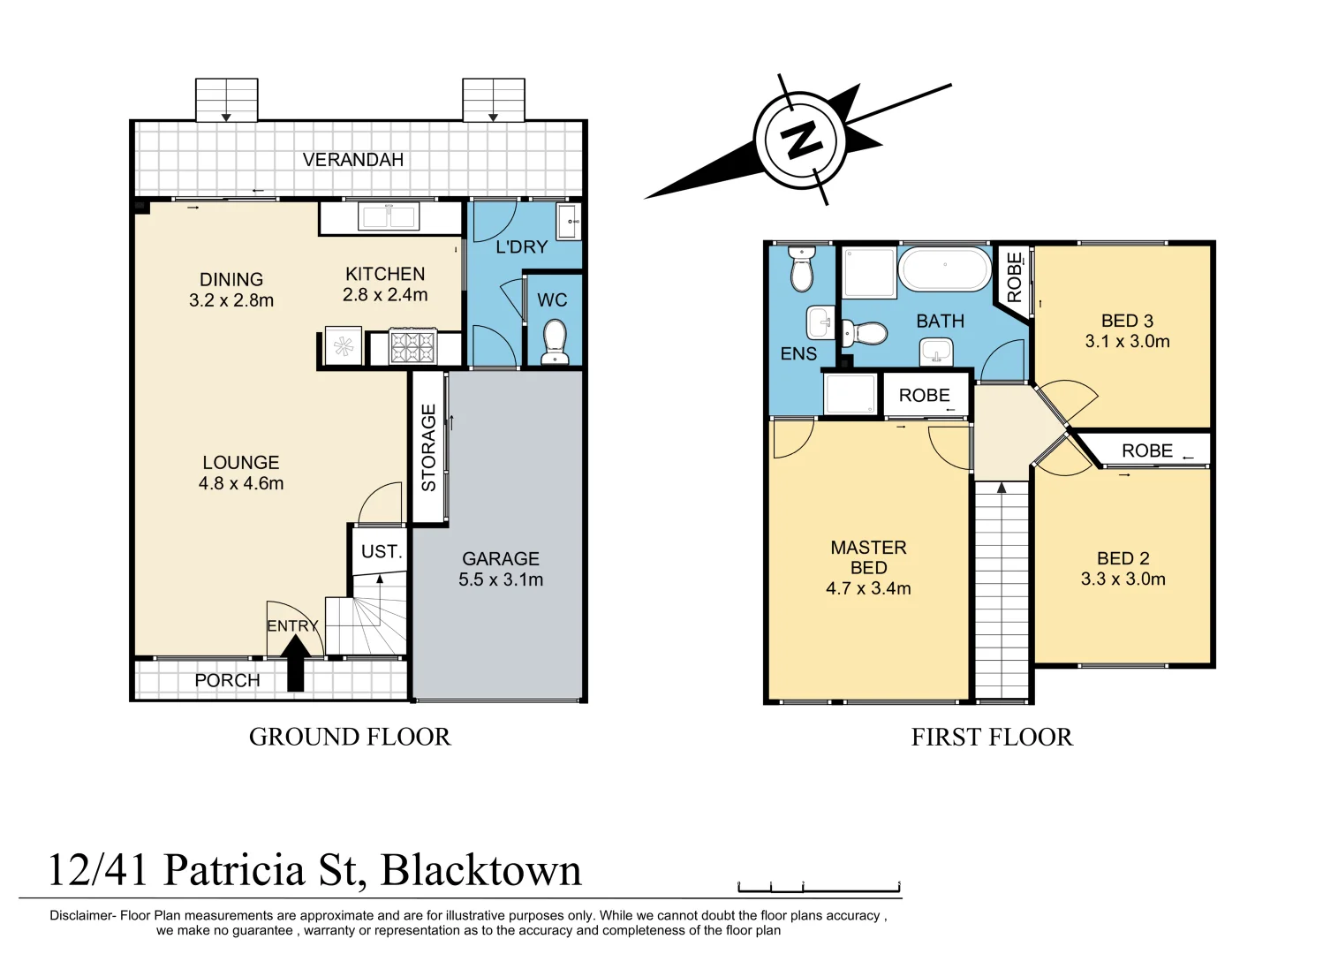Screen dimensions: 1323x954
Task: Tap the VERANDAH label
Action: (353, 160)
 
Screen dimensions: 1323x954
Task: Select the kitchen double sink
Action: (389, 216)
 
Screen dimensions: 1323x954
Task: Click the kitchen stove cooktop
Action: (412, 346)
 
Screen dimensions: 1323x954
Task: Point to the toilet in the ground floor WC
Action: (555, 341)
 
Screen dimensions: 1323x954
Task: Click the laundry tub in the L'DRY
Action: (569, 220)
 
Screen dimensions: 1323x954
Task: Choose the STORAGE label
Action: (428, 447)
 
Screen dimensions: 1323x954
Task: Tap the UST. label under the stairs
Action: (382, 552)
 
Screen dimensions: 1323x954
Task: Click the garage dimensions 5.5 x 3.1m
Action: (501, 579)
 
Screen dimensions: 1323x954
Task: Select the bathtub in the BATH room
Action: (945, 269)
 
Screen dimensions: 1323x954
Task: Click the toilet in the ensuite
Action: (801, 269)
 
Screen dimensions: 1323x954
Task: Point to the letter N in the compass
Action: (801, 140)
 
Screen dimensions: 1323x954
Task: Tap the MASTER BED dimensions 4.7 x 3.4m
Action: (868, 588)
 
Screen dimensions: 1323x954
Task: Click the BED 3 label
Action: (1127, 321)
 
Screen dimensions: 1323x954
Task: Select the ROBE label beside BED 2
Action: (1147, 450)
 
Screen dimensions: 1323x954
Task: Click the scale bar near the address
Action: (820, 886)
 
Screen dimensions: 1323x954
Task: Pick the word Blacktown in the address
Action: (481, 870)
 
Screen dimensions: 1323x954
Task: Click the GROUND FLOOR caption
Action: (350, 738)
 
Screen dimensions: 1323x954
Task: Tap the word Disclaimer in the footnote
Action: (82, 916)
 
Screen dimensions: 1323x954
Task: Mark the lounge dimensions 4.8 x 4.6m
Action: (241, 483)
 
